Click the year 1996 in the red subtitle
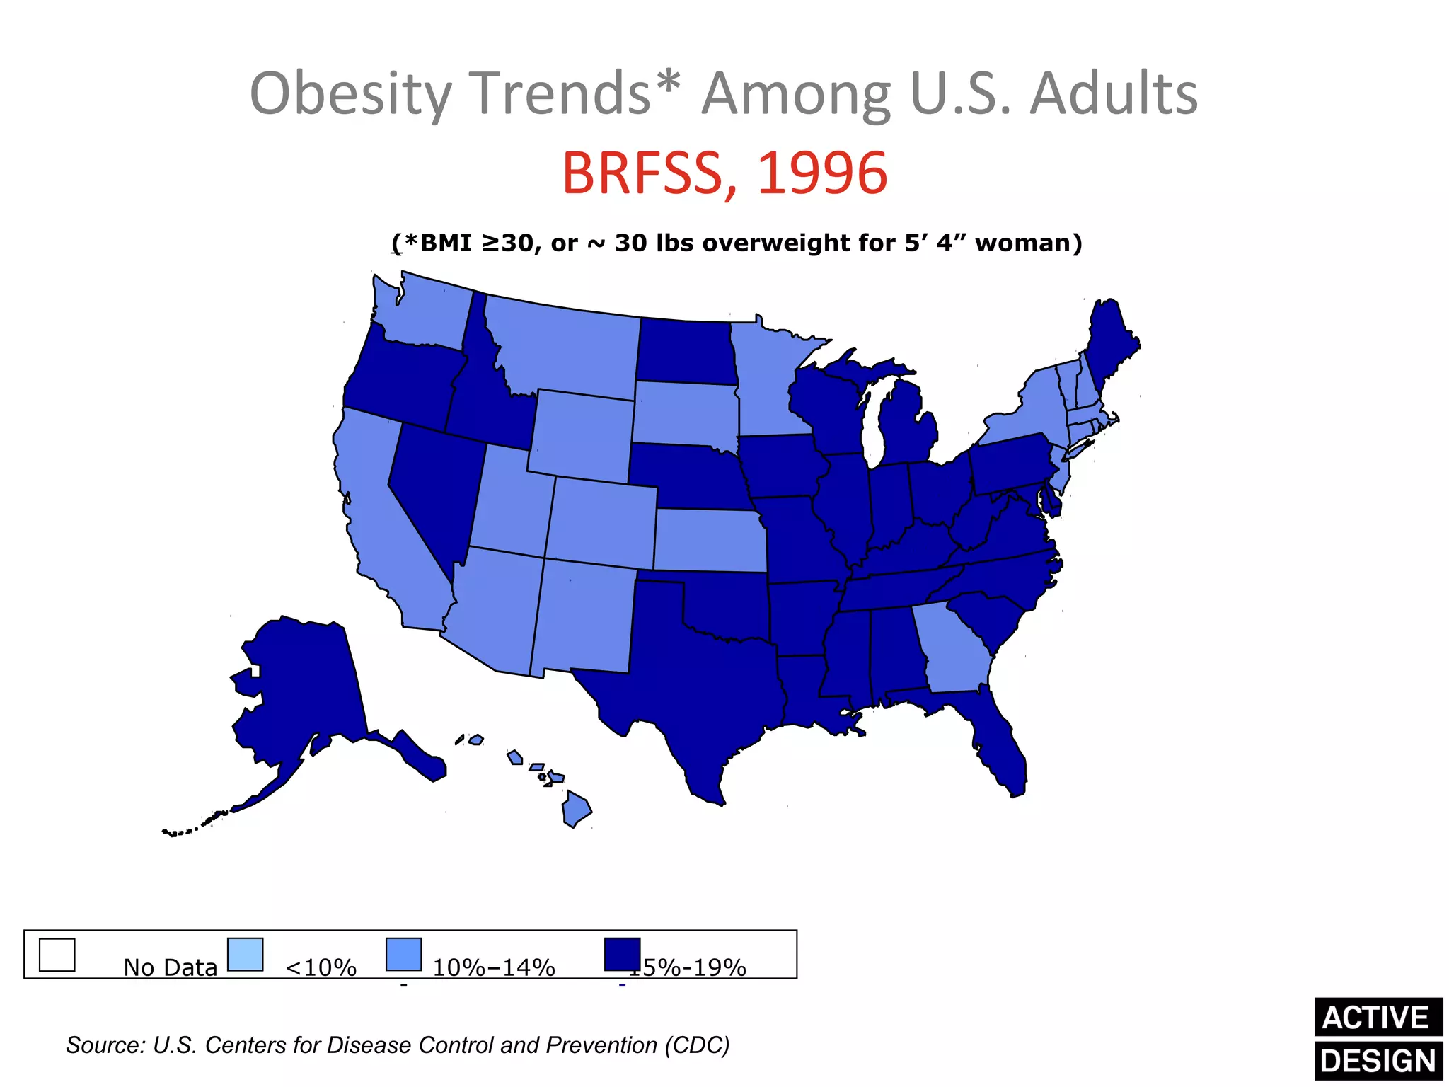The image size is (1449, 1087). click(x=822, y=173)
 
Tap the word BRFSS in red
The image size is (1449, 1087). click(x=650, y=173)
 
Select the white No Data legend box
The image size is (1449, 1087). click(x=57, y=955)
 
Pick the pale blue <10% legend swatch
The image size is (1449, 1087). click(x=246, y=955)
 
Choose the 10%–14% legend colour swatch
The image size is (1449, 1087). click(x=404, y=955)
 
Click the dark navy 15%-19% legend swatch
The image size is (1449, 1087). click(x=622, y=955)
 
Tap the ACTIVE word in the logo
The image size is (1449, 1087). click(x=1376, y=1018)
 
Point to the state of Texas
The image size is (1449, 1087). click(x=700, y=679)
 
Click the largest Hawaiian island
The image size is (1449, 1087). click(x=576, y=810)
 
